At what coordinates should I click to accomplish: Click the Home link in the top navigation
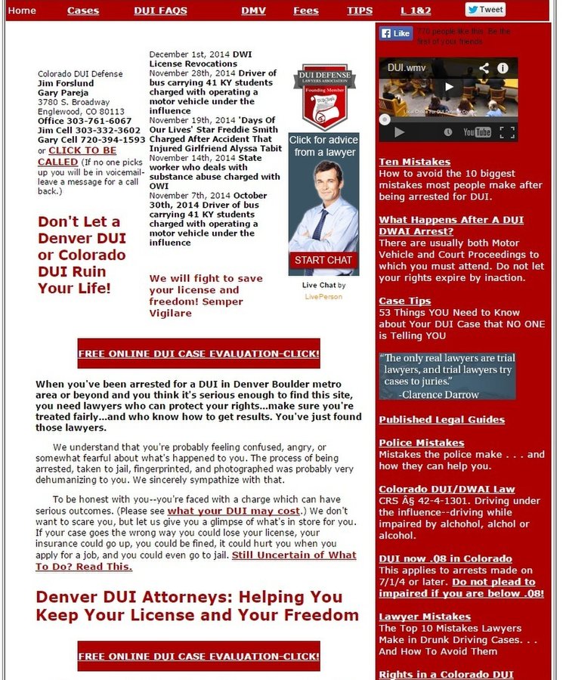coord(22,11)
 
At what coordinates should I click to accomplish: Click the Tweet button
coord(485,10)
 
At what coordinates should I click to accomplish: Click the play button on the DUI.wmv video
coord(449,87)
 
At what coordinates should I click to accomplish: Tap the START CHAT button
coord(323,260)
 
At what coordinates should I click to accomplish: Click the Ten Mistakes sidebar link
coord(414,162)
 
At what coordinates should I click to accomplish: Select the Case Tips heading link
coord(404,301)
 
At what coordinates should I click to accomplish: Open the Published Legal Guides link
coord(441,419)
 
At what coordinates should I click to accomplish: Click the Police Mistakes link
coord(421,443)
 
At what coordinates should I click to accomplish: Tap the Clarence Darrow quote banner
coord(447,376)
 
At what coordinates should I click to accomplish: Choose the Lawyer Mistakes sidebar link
coord(424,617)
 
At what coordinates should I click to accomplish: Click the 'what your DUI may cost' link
coord(238,511)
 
